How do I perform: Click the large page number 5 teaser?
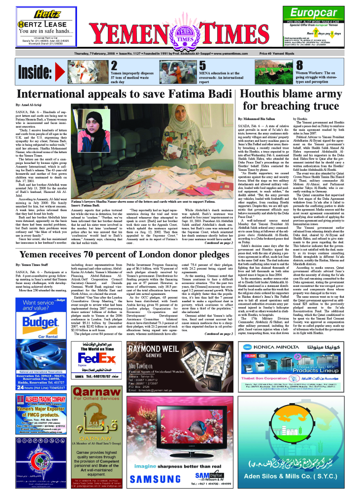tap(202, 65)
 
